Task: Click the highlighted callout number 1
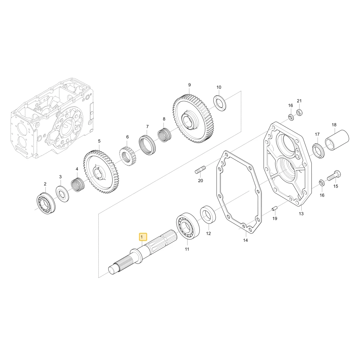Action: click(143, 237)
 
